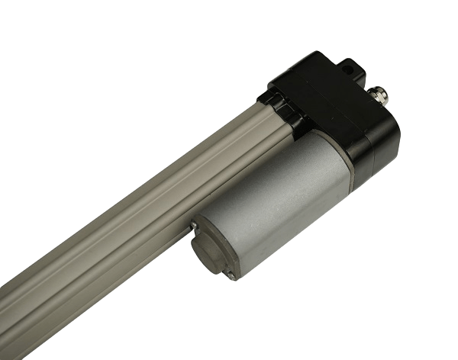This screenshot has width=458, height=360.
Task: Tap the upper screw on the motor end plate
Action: point(196,225)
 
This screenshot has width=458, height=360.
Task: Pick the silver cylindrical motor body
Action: point(282,206)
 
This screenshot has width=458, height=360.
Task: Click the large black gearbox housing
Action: point(336,114)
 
